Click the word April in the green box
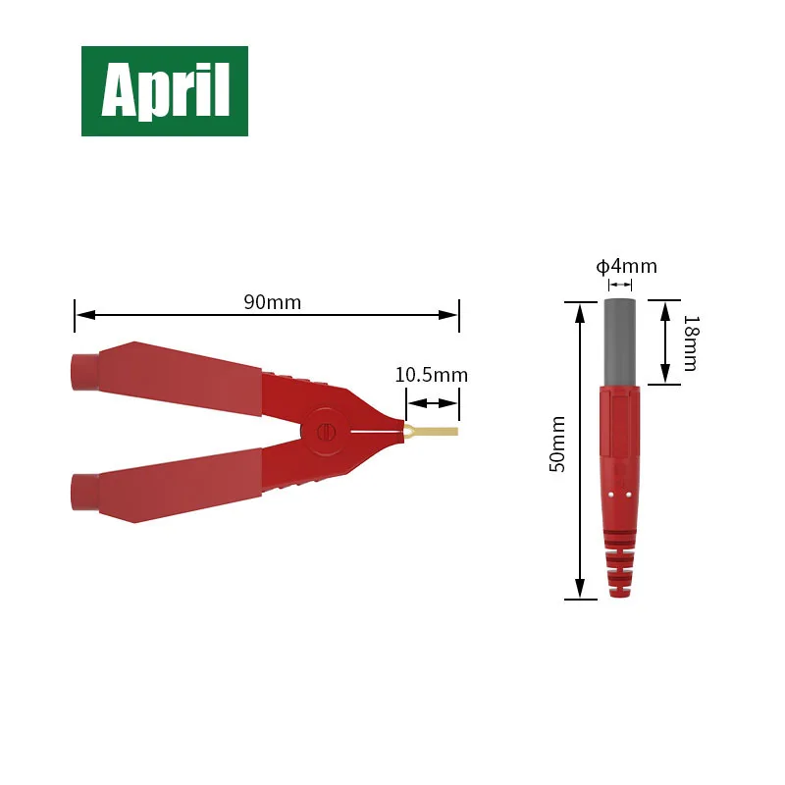click(x=166, y=91)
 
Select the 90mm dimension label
click(x=273, y=302)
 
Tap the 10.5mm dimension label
click(x=432, y=375)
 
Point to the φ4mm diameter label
click(x=626, y=266)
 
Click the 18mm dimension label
click(x=692, y=342)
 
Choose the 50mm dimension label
click(x=557, y=445)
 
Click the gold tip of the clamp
click(x=431, y=431)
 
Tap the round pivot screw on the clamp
click(x=326, y=432)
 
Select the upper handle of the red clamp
click(x=166, y=377)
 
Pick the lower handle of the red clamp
click(x=166, y=486)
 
